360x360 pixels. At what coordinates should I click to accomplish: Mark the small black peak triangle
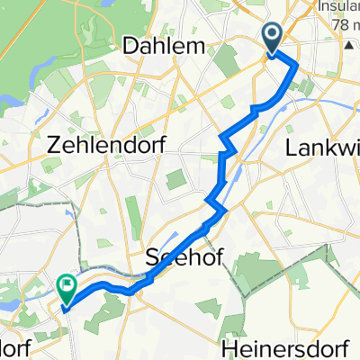[x=348, y=43]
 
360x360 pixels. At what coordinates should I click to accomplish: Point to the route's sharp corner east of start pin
[x=296, y=66]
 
